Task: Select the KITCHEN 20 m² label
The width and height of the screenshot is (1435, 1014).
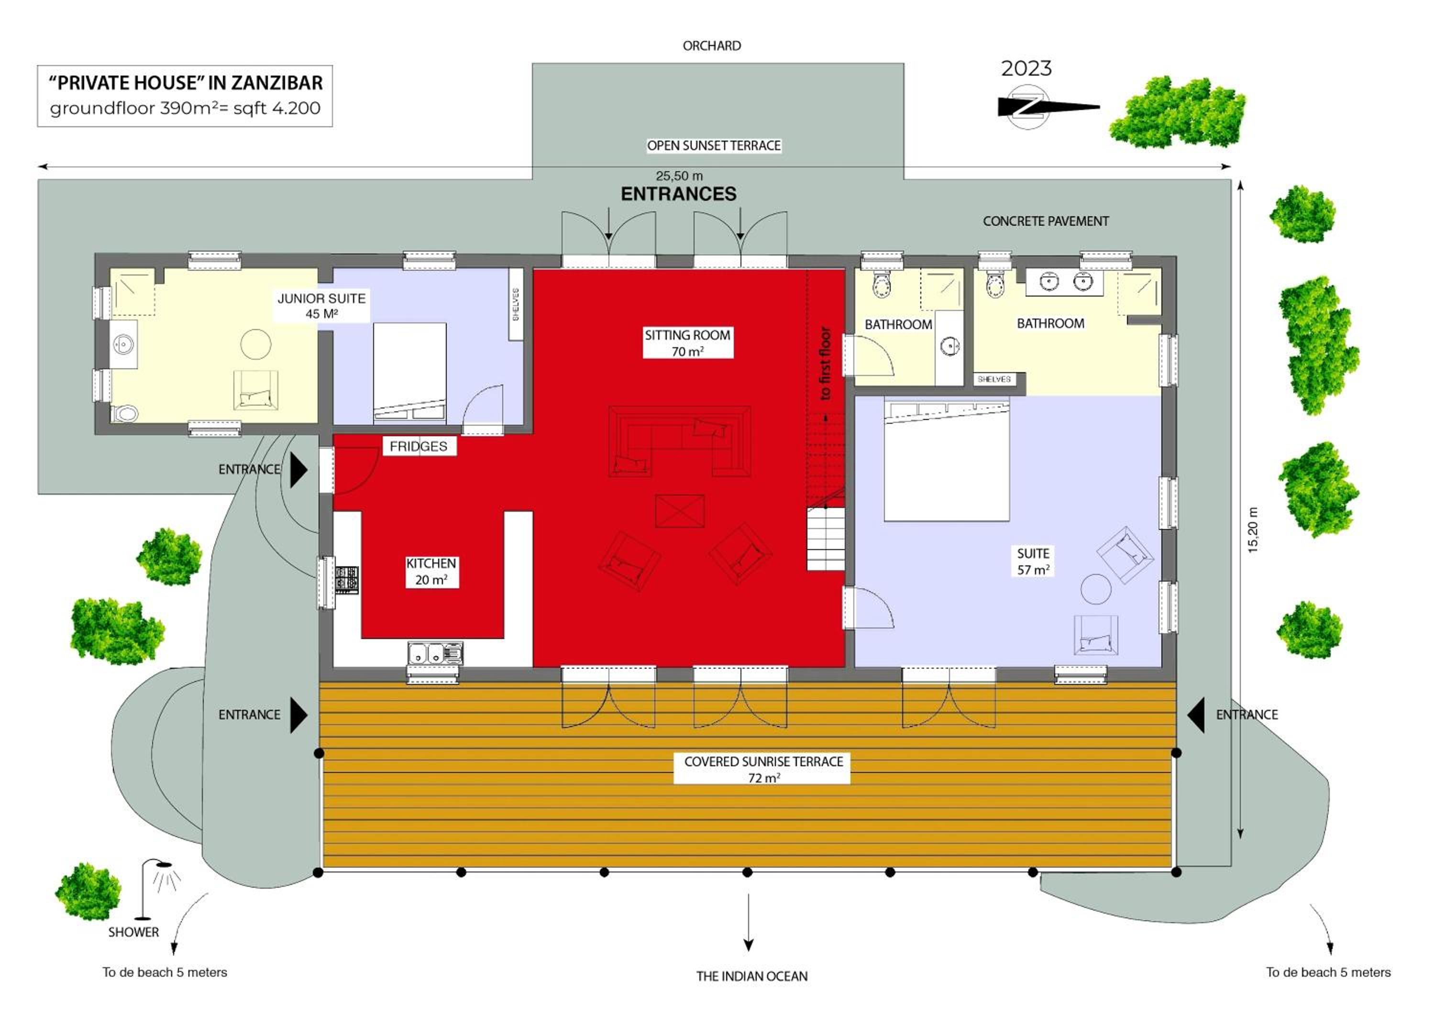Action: pyautogui.click(x=431, y=572)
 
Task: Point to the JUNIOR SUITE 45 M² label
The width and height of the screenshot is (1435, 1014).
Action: pyautogui.click(x=322, y=306)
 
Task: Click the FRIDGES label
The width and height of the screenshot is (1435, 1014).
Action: pyautogui.click(x=419, y=446)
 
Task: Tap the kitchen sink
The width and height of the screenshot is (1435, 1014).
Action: pyautogui.click(x=436, y=653)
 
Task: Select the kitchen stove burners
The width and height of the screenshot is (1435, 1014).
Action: pyautogui.click(x=347, y=579)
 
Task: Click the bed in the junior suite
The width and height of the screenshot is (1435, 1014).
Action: pyautogui.click(x=410, y=373)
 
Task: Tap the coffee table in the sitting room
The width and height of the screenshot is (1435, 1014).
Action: pyautogui.click(x=680, y=511)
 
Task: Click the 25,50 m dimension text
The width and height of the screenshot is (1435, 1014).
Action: pyautogui.click(x=679, y=176)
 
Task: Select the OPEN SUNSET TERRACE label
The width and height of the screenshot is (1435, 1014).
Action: pyautogui.click(x=714, y=145)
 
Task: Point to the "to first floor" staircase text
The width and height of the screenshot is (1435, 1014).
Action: pyautogui.click(x=825, y=364)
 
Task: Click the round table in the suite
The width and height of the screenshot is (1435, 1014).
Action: pyautogui.click(x=1096, y=589)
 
